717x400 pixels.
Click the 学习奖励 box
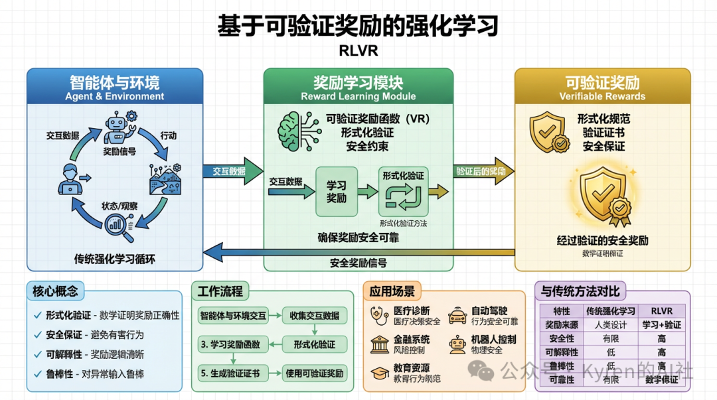(x=336, y=191)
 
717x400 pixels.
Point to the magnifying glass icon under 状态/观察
(x=119, y=226)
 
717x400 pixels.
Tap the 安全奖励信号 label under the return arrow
(x=358, y=263)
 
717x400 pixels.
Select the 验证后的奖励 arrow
(x=484, y=171)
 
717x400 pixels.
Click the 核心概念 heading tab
(x=55, y=291)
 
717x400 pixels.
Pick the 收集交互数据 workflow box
(x=315, y=315)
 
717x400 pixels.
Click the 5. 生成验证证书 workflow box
(x=232, y=373)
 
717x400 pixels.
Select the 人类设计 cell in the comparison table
(x=611, y=325)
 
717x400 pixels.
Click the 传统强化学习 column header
(x=611, y=311)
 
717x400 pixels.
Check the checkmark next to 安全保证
(x=38, y=335)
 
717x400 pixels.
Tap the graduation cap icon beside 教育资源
(x=380, y=372)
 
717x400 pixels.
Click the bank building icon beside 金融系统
(x=380, y=343)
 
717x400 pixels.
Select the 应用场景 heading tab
(x=392, y=291)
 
